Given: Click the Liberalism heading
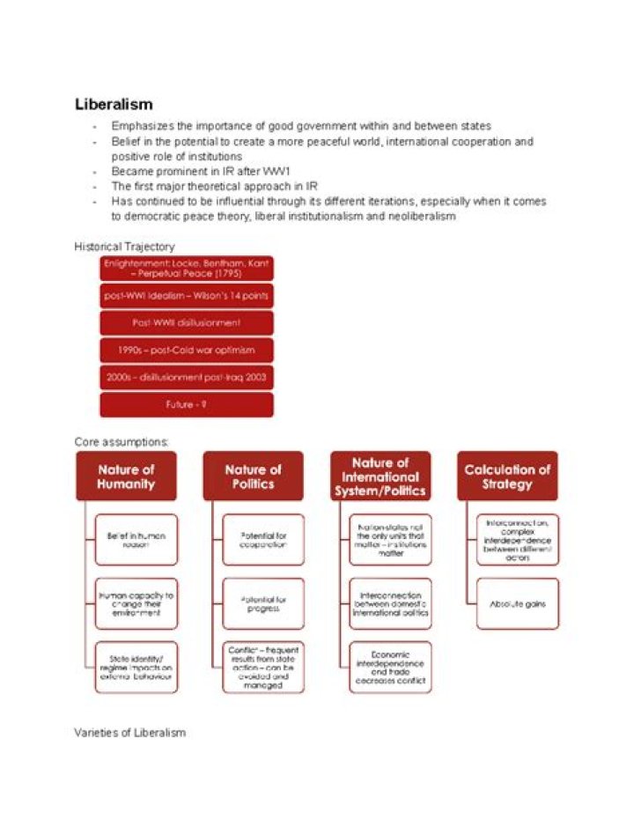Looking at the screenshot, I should point(114,105).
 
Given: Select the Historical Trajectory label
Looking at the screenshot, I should point(124,247).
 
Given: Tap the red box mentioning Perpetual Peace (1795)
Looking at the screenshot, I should point(187,268).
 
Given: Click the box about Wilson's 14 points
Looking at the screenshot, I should point(187,295).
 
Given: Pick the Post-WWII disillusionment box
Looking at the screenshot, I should point(187,322).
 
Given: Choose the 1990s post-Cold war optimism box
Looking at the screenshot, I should point(187,350).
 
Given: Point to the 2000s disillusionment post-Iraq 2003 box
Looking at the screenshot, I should point(187,377).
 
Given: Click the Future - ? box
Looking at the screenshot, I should point(187,404).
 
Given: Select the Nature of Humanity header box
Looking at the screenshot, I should point(126,476).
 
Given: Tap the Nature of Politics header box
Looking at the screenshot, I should point(253,476).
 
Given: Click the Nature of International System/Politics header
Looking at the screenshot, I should point(380,476).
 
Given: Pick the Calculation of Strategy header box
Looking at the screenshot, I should point(507,476).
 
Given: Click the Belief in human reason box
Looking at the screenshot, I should point(136,540).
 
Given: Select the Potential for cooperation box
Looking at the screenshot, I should point(263,540).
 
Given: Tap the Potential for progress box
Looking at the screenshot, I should point(263,604).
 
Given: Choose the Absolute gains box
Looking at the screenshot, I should point(517,604).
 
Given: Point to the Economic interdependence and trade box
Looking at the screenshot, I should point(390,668).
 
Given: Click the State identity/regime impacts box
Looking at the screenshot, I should point(136,668).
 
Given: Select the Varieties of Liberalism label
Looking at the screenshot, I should point(129,733).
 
